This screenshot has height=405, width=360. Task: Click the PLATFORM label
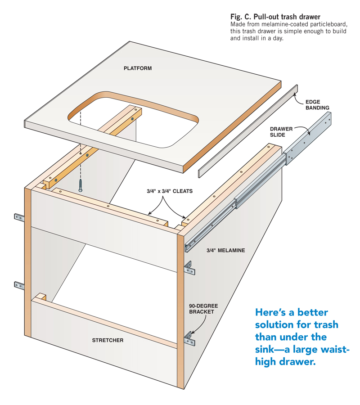pyautogui.click(x=138, y=68)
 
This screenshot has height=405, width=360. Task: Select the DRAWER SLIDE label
pyautogui.click(x=281, y=131)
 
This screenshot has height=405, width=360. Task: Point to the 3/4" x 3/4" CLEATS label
pyautogui.click(x=170, y=191)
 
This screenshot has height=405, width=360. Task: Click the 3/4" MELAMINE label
pyautogui.click(x=225, y=251)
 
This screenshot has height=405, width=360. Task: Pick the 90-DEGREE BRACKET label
pyautogui.click(x=201, y=309)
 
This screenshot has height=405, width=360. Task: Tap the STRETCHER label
pyautogui.click(x=108, y=340)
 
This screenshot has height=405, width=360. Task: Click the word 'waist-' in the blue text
pyautogui.click(x=331, y=349)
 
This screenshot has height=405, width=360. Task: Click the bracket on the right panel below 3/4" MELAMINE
pyautogui.click(x=189, y=269)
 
